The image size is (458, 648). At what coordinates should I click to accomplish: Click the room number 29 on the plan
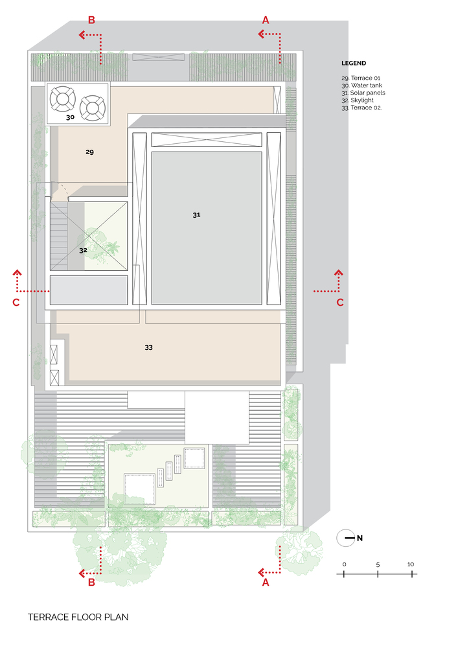pyautogui.click(x=89, y=152)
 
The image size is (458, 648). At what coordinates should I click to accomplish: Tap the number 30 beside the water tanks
pyautogui.click(x=70, y=117)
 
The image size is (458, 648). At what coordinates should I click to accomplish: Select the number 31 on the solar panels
pyautogui.click(x=196, y=215)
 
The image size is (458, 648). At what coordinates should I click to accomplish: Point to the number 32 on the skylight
pyautogui.click(x=83, y=250)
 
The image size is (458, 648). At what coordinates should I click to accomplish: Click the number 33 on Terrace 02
pyautogui.click(x=149, y=347)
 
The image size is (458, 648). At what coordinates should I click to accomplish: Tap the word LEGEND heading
pyautogui.click(x=354, y=64)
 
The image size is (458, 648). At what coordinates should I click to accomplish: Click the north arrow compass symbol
pyautogui.click(x=346, y=538)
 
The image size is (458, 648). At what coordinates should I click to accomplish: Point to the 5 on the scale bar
pyautogui.click(x=378, y=564)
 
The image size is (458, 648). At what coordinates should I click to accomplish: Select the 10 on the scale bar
pyautogui.click(x=411, y=564)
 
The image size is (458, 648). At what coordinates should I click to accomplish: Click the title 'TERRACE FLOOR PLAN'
pyautogui.click(x=78, y=617)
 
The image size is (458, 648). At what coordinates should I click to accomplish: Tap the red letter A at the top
pyautogui.click(x=266, y=20)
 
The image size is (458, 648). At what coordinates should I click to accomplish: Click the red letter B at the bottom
pyautogui.click(x=92, y=583)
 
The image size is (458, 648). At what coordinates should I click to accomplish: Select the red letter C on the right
pyautogui.click(x=340, y=303)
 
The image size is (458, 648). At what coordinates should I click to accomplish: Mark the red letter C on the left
pyautogui.click(x=16, y=303)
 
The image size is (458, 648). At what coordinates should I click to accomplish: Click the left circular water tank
pyautogui.click(x=63, y=99)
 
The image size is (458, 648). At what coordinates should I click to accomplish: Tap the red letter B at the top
pyautogui.click(x=92, y=20)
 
